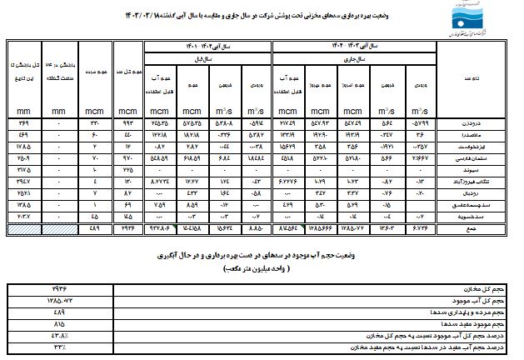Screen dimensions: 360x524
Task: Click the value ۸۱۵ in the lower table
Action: point(59,320)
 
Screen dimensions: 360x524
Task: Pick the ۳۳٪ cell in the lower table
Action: point(59,342)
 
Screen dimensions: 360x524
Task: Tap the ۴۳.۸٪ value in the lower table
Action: point(59,332)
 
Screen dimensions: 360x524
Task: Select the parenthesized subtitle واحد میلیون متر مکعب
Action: point(264,271)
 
